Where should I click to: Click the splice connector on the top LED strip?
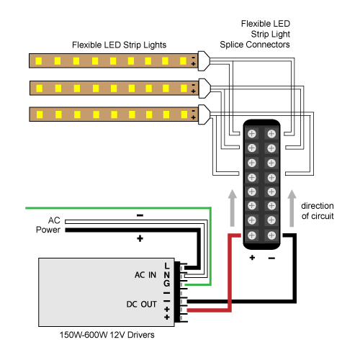click(204, 61)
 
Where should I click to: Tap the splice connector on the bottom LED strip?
click(204, 114)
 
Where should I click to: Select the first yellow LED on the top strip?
click(39, 61)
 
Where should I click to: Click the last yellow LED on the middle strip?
click(184, 89)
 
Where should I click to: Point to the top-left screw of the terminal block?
click(252, 134)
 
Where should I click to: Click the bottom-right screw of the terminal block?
click(271, 235)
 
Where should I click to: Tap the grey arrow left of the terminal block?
click(232, 208)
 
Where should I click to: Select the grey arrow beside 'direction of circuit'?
click(292, 208)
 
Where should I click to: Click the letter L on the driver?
click(167, 266)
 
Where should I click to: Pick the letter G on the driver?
click(167, 284)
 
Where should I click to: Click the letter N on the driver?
click(167, 275)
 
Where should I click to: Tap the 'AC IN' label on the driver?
click(145, 275)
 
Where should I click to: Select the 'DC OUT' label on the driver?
click(142, 304)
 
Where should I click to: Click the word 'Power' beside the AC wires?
click(48, 230)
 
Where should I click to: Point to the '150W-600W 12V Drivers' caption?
click(107, 335)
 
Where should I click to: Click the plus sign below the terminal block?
click(252, 258)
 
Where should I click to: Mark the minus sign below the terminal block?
click(271, 258)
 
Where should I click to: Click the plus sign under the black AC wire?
click(140, 238)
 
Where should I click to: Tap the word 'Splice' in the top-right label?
click(232, 45)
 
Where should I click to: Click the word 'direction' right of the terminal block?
click(318, 206)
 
